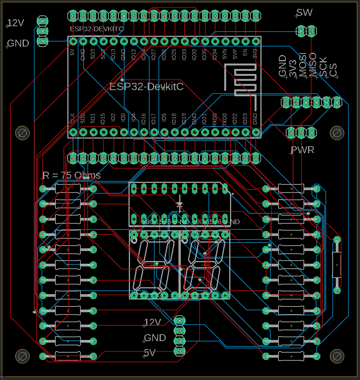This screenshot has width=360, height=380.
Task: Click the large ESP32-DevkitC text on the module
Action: [x=147, y=87]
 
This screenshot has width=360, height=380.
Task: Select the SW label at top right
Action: [x=305, y=13]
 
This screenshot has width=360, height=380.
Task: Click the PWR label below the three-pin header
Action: [x=302, y=150]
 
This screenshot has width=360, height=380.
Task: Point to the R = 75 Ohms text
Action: [x=71, y=176]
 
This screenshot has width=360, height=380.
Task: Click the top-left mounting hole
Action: [x=22, y=133]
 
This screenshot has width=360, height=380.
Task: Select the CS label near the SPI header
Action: [x=333, y=70]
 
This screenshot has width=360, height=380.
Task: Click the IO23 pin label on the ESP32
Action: [x=245, y=119]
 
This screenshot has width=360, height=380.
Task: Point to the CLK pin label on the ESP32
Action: [x=72, y=118]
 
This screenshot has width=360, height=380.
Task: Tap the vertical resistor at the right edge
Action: [x=337, y=264]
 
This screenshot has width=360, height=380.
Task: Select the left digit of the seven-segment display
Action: [x=154, y=266]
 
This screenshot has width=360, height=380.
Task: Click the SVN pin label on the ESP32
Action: [x=225, y=54]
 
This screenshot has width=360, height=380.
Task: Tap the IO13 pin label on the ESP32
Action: [x=113, y=54]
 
